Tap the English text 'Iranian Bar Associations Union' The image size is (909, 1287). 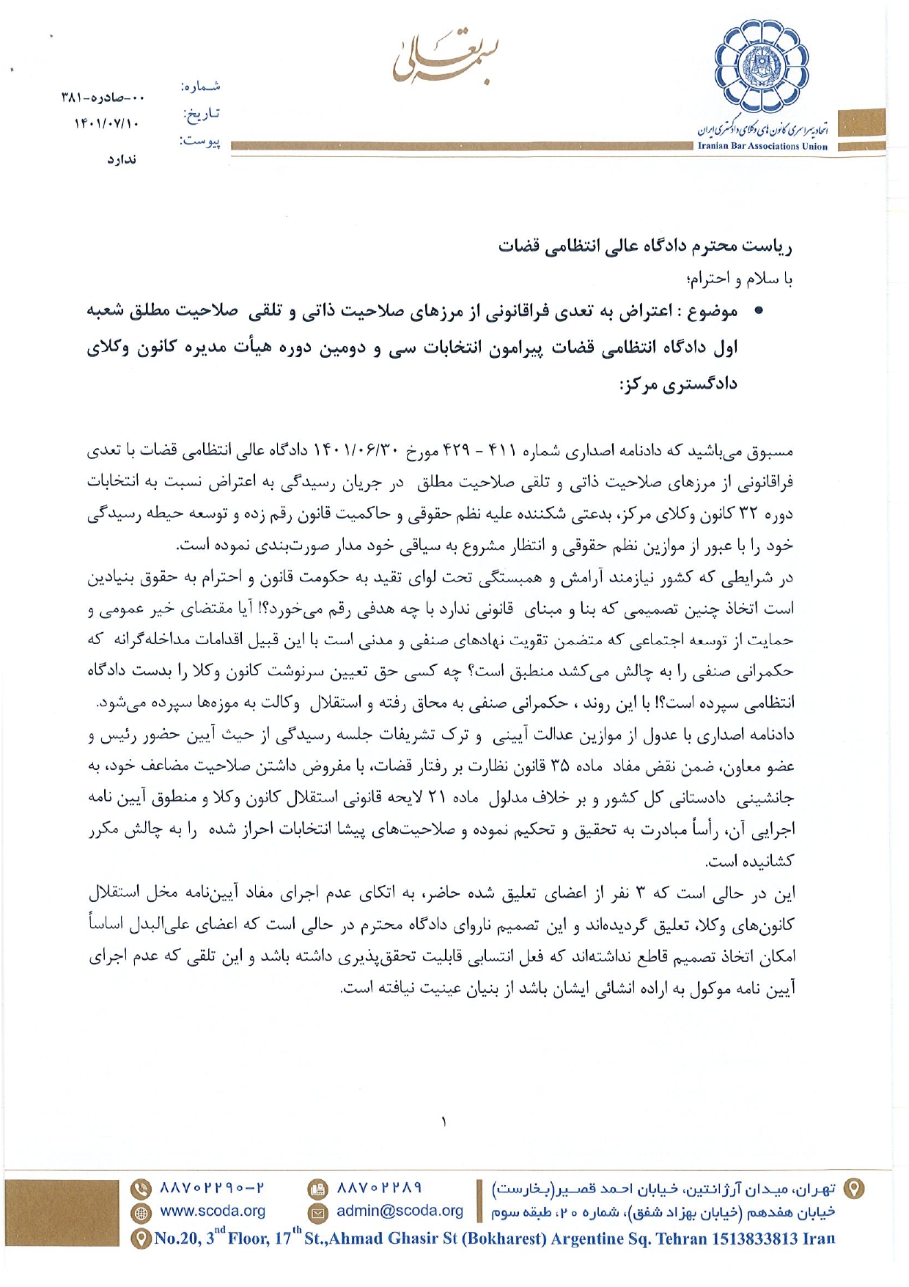click(x=762, y=146)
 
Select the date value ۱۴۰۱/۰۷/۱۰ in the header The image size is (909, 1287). click(x=107, y=123)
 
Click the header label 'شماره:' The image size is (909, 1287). click(x=200, y=87)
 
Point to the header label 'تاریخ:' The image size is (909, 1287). click(x=201, y=114)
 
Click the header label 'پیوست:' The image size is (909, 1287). click(x=200, y=141)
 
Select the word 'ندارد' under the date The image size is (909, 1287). click(x=122, y=159)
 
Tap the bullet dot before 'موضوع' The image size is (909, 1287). click(x=759, y=311)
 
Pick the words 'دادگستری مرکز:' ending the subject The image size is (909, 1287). click(x=677, y=384)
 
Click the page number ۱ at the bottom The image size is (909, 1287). click(x=444, y=1121)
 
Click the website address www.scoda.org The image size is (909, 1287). click(x=213, y=1211)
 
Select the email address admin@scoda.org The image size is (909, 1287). click(x=400, y=1211)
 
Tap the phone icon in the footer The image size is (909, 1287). click(x=140, y=1188)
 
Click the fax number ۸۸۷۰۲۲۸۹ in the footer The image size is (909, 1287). click(x=379, y=1187)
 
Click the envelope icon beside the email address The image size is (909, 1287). click(x=317, y=1212)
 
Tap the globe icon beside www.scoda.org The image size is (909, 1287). click(x=140, y=1212)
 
